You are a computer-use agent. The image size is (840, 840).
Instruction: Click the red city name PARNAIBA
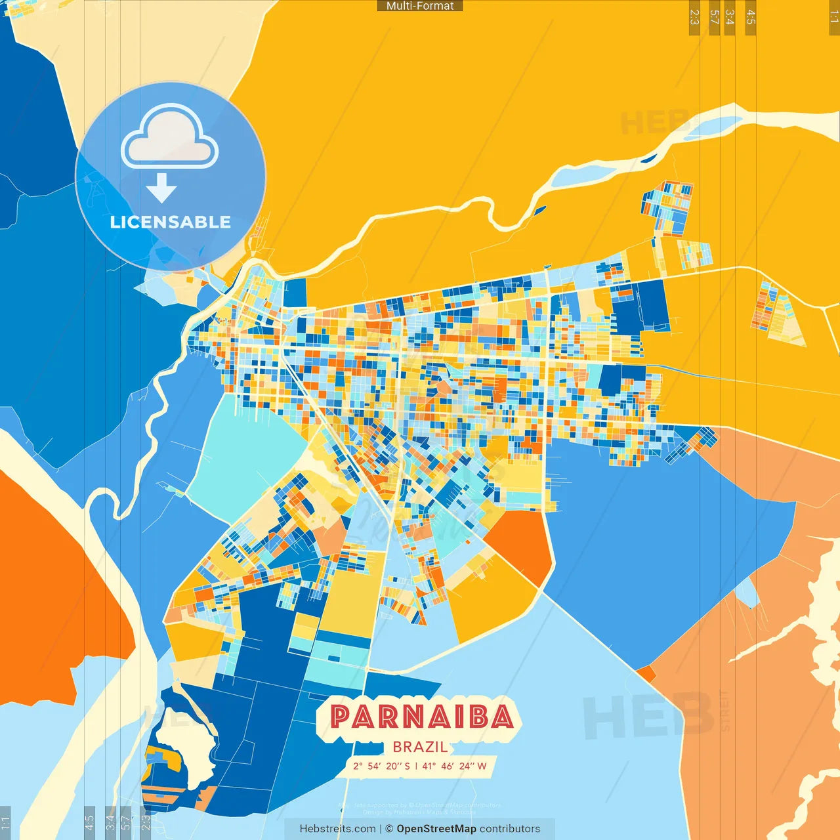pos(421,717)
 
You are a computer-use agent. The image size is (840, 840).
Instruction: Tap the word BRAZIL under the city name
pos(420,747)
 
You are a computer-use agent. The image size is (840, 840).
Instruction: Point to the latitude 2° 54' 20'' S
pos(381,766)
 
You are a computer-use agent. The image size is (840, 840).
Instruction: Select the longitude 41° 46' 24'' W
pos(455,766)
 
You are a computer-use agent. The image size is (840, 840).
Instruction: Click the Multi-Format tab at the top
pos(420,6)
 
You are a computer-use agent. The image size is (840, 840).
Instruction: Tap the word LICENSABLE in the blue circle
pos(171,222)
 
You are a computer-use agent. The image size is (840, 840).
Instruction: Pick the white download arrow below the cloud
pos(161,188)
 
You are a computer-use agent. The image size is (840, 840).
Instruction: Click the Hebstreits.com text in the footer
pos(337,829)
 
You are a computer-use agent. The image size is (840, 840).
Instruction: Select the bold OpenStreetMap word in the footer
pos(436,829)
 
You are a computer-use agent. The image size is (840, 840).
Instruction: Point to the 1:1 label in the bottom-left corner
pos(5,822)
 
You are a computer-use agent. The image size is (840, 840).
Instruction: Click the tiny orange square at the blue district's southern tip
pos(646,673)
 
